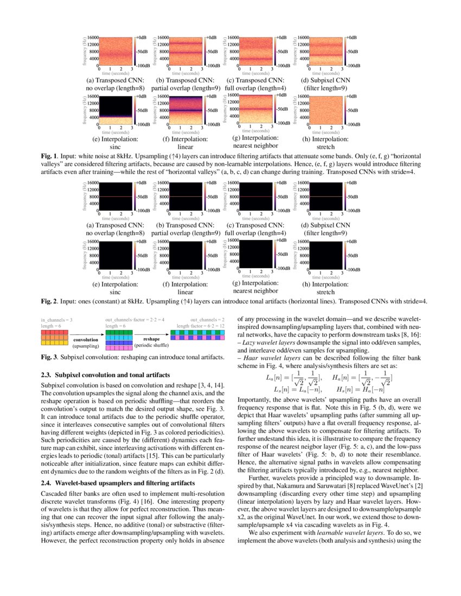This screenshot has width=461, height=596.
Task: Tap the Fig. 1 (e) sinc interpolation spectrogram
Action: tap(116, 110)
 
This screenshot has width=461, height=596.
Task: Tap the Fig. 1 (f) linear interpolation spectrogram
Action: tap(185, 110)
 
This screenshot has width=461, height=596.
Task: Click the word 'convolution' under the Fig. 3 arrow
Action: tap(86, 340)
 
